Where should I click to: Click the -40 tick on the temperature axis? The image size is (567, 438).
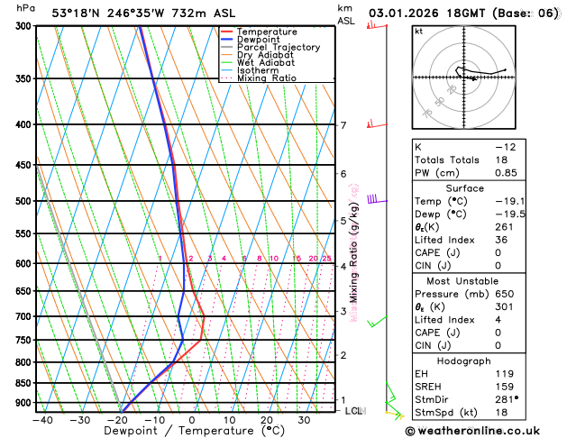[x=41, y=420]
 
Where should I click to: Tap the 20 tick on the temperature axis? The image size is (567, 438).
[x=266, y=420]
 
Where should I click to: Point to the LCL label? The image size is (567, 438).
[x=354, y=411]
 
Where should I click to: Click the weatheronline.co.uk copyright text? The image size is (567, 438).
[x=485, y=431]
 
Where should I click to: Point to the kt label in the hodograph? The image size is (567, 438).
[x=418, y=32]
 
